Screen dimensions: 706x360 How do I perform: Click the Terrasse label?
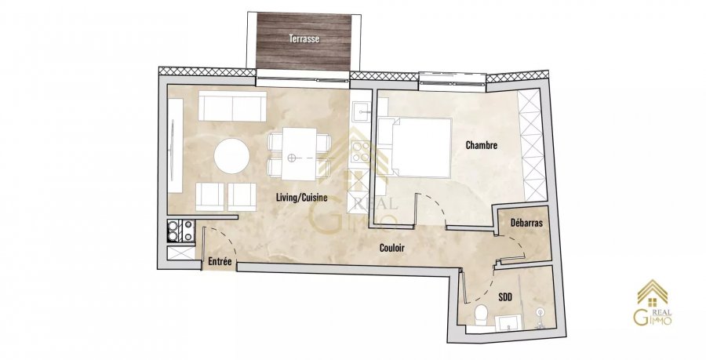click(304, 38)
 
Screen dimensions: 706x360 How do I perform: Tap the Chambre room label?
click(482, 145)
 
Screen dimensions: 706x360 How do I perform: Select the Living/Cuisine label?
click(302, 197)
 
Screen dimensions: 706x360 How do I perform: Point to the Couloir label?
click(391, 248)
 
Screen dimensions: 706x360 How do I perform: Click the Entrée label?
click(220, 261)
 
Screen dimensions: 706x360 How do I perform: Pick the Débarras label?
click(526, 223)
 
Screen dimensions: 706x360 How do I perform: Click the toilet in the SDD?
click(481, 313)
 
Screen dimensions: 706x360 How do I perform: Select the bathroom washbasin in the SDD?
click(509, 322)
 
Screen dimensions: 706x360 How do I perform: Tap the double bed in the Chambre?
click(415, 147)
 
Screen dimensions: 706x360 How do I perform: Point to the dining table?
click(300, 154)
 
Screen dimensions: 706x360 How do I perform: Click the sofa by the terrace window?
click(232, 106)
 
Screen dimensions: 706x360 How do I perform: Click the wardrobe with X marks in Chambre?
click(531, 145)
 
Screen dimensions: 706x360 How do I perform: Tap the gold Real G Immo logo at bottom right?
click(653, 303)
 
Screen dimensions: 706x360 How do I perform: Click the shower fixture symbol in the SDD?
click(539, 317)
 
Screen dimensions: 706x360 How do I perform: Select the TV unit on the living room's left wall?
click(175, 145)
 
